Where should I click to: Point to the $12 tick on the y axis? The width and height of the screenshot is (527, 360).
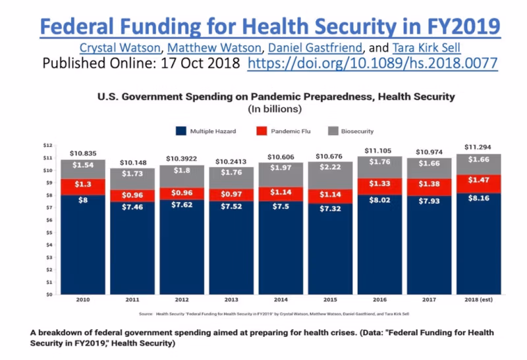coord(47,145)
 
